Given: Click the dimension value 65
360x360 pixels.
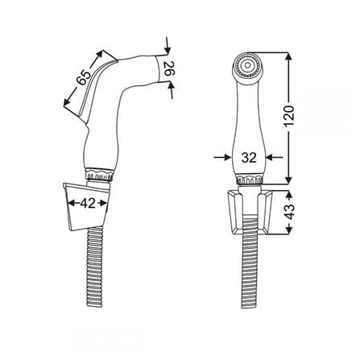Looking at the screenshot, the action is click(84, 77).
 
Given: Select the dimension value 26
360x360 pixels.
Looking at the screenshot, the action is click(169, 68).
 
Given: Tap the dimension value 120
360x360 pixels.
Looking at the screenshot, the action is click(289, 116).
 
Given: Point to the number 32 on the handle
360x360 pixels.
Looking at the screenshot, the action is click(249, 158).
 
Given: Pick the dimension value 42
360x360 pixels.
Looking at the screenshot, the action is click(88, 204).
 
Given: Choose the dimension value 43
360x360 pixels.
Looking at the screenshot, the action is click(289, 212).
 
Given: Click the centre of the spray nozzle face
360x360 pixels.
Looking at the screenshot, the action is click(247, 65).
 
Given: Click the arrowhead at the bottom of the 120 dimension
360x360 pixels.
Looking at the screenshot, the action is click(288, 180).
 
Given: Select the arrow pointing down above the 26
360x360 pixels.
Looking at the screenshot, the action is click(168, 45).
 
